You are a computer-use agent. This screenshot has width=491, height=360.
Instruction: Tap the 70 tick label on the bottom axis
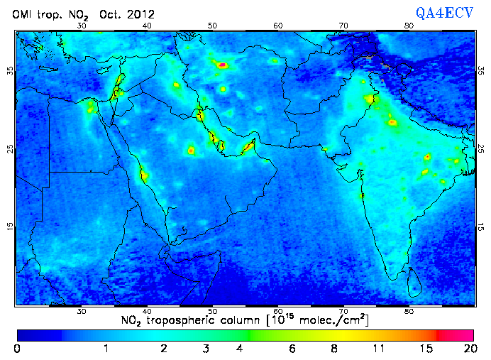pos(343,311)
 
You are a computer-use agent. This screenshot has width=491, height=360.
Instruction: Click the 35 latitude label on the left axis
pos(10,70)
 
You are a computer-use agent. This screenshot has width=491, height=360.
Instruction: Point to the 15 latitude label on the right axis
pos(481,227)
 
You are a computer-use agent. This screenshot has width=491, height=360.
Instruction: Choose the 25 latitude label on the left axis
pos(10,148)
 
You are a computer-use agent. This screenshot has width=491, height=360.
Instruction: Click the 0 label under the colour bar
pos(17,349)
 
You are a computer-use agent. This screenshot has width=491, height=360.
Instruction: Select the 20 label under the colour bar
pos(468,349)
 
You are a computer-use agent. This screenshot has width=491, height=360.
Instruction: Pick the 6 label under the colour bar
pos(292,349)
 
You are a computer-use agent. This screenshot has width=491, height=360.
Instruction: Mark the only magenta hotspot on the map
pos(223,65)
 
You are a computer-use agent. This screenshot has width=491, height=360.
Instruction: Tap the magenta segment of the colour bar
pos(456,334)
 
